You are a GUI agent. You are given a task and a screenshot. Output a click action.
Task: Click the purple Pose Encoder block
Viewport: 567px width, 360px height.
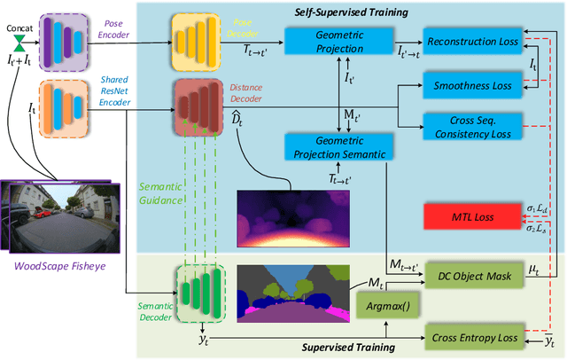point(56,39)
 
